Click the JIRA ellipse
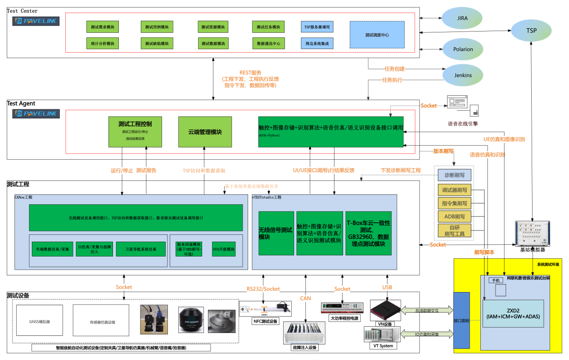click(462, 18)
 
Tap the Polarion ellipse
click(463, 49)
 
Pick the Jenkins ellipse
click(463, 75)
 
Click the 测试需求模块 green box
click(102, 27)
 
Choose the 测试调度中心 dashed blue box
click(377, 35)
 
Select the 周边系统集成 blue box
click(317, 43)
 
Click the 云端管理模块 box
click(205, 132)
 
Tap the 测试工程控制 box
click(135, 132)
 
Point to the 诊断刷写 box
click(455, 175)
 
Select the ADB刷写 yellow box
click(455, 216)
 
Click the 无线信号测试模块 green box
click(276, 233)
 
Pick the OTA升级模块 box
click(224, 249)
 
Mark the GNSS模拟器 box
click(40, 322)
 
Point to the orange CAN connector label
click(305, 298)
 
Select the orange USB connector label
click(387, 287)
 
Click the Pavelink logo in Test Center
click(36, 21)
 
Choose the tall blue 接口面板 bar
click(461, 320)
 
